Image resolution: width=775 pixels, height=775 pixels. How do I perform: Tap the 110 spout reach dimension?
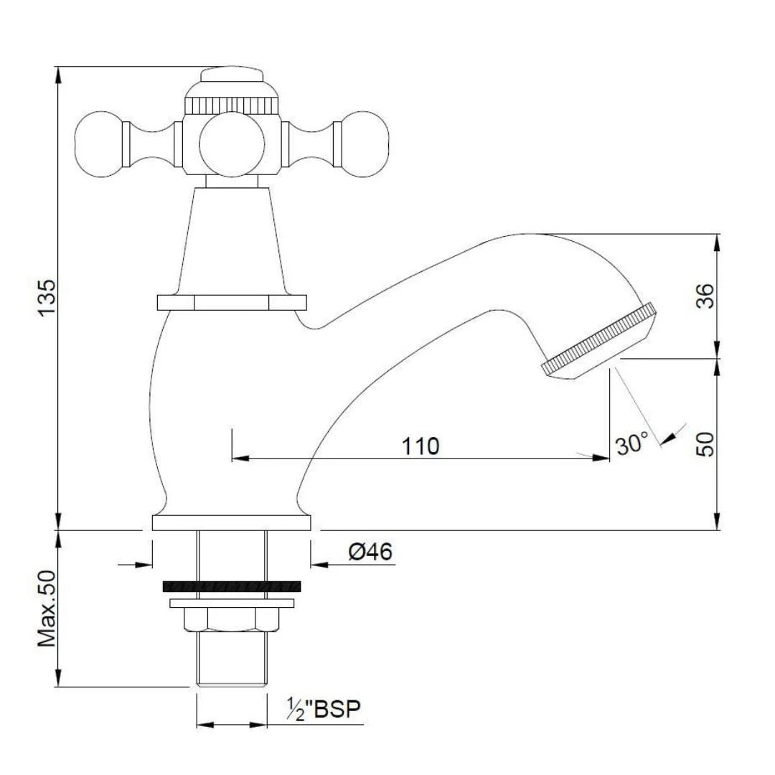(x=420, y=446)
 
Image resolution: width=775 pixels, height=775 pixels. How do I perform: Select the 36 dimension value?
(x=706, y=296)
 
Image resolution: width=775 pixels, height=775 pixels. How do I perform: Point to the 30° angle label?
(x=631, y=444)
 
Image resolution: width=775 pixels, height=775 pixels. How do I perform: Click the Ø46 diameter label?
(x=370, y=552)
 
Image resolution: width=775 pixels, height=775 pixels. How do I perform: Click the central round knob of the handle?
(x=231, y=144)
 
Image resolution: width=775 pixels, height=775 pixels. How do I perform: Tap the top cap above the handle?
(x=231, y=75)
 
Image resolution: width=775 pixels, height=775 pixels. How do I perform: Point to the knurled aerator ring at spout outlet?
(x=599, y=340)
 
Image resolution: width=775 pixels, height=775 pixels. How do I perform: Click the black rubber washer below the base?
(x=231, y=586)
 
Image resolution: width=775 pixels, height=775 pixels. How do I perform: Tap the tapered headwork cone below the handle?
(x=231, y=240)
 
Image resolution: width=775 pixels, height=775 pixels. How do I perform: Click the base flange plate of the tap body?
(x=231, y=522)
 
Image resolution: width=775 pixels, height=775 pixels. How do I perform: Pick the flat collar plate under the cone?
(x=231, y=302)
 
